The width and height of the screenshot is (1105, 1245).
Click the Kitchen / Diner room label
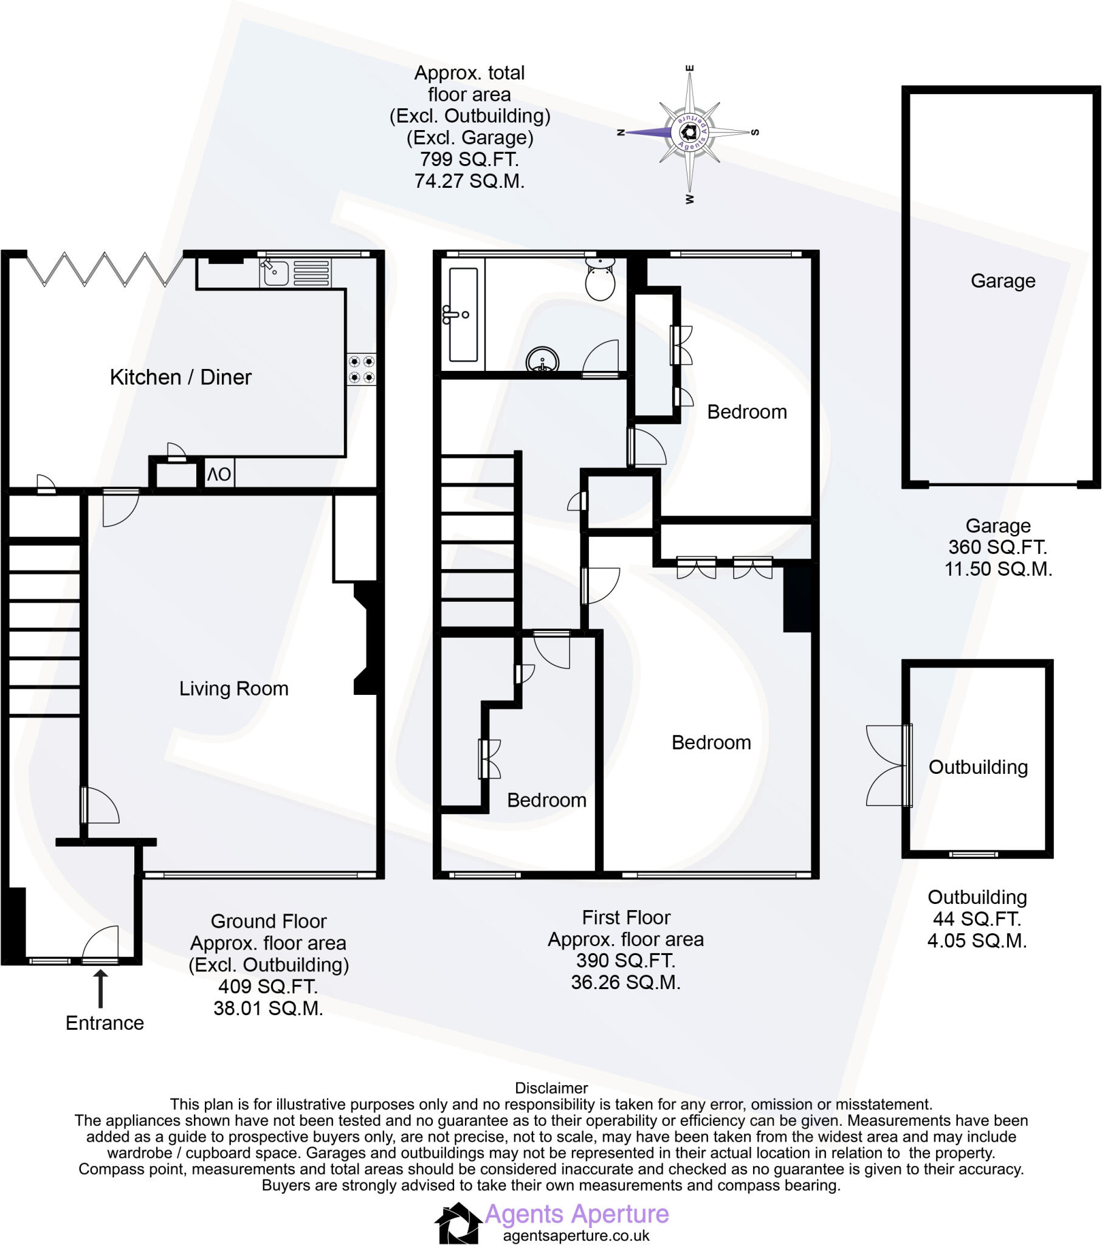pos(181,377)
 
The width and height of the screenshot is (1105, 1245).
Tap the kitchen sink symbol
pos(275,272)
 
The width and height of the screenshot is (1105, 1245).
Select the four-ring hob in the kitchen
pos(361,370)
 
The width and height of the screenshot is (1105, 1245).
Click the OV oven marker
pos(219,475)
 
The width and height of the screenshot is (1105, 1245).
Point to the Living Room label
pos(233,689)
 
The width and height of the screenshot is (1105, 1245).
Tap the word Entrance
pos(105,1023)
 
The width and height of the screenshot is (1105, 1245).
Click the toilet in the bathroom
pos(600,279)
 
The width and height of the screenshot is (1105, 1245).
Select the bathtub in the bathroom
pos(463,314)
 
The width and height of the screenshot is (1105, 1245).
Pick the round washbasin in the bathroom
pos(542,360)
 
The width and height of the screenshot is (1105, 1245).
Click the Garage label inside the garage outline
pos(1003,281)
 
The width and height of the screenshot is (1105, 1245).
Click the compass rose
pos(689,132)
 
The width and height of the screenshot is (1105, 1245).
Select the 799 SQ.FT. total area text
pos(469,160)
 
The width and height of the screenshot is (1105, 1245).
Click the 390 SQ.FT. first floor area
pos(625,960)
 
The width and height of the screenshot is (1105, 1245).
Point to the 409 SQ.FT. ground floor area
pos(268,986)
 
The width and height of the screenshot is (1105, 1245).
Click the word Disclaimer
pos(551,1088)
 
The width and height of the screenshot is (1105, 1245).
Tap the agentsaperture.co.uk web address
pos(576,1236)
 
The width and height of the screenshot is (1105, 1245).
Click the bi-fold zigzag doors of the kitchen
pos(105,269)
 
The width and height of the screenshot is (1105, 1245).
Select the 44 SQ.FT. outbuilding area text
pos(977,919)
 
